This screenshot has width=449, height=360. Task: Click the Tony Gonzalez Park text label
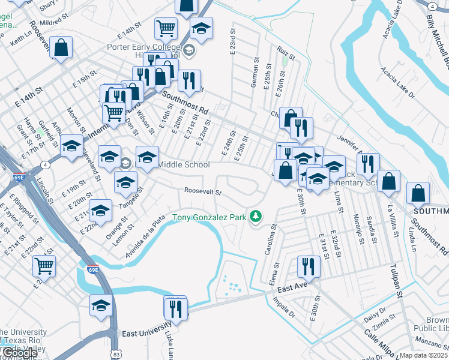[x=209, y=217]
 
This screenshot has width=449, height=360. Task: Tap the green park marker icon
[x=256, y=216]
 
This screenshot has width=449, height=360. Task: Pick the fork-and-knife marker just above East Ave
[x=309, y=266]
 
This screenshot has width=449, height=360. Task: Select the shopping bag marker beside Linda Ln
[x=418, y=193]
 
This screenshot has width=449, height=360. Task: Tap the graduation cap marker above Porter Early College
[x=201, y=28]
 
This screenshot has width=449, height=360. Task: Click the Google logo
[x=19, y=353]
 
